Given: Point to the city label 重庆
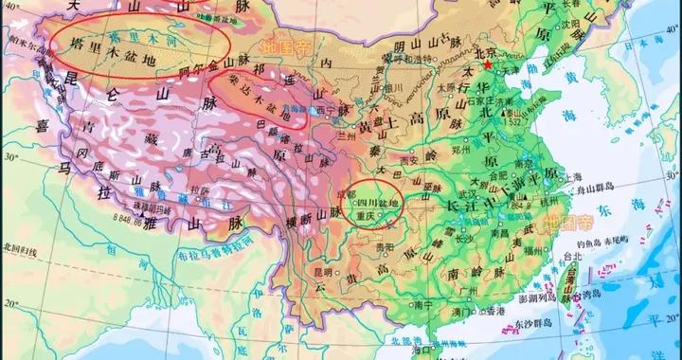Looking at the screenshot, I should click(x=367, y=217).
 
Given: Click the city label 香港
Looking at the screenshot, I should click(x=496, y=312).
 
